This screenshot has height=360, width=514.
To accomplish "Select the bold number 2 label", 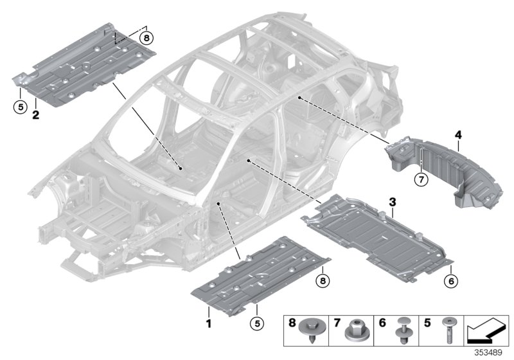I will [35, 116].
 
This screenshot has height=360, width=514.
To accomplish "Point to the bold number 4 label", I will [458, 135].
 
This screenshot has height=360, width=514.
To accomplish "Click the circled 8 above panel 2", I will [146, 39].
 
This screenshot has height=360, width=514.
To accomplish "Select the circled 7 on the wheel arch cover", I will [421, 180].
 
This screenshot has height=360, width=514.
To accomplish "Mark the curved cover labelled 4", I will [450, 170].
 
